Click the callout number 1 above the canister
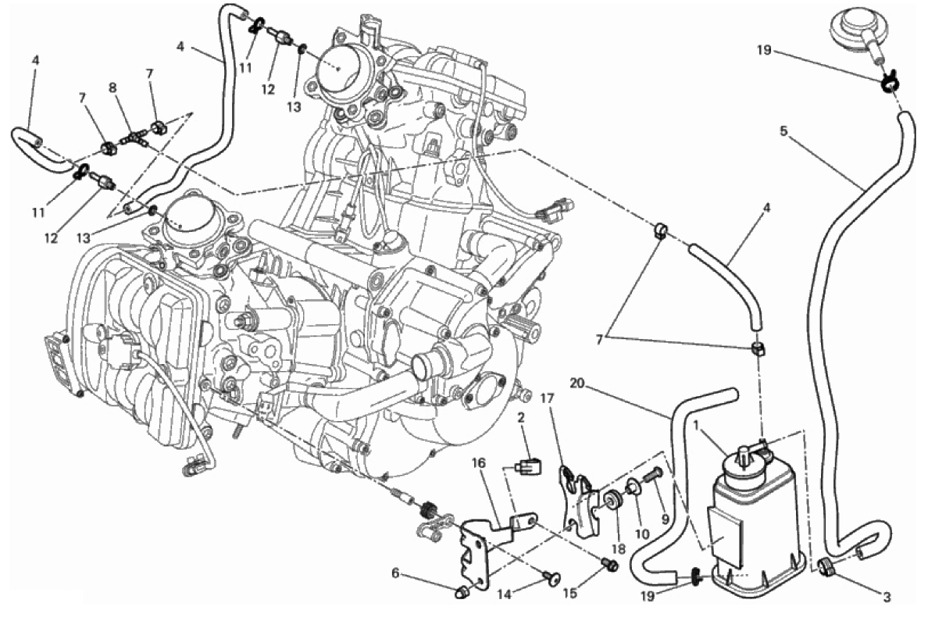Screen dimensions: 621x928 coord(695,426)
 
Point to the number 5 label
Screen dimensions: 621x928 coord(783,131)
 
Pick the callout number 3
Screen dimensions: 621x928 coord(887,598)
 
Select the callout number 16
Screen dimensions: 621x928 coord(478,462)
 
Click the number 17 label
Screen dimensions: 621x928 coord(547,398)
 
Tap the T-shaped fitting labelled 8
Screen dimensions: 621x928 coord(132,138)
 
